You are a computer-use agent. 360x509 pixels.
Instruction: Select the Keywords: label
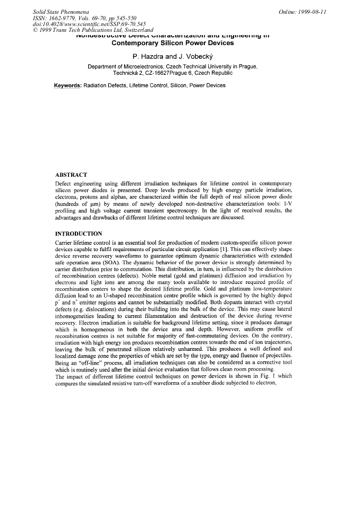[67, 85]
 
